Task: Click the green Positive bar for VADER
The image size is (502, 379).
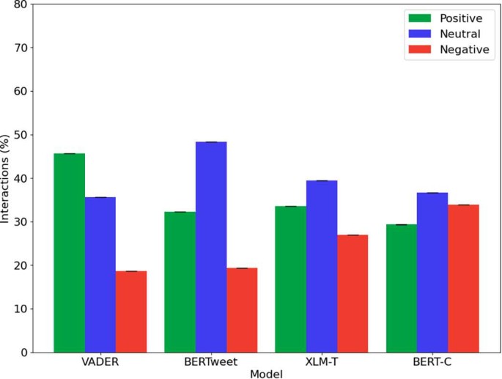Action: point(69,253)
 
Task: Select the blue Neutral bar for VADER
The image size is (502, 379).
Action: point(100,275)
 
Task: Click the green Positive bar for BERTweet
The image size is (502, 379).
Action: point(180,282)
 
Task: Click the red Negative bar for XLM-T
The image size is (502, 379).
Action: point(352,293)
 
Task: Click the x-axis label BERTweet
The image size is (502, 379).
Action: point(211,362)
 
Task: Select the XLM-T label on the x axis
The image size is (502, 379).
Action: point(322,362)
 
